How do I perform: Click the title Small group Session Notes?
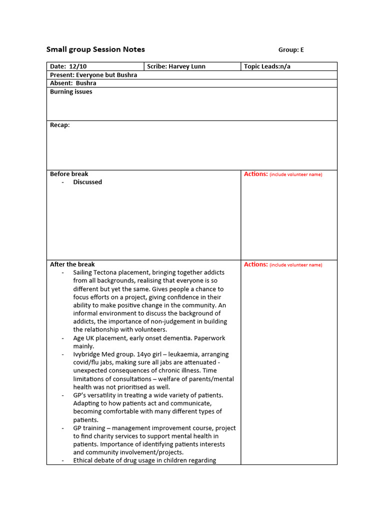pyautogui.click(x=95, y=49)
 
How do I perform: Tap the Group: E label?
pyautogui.click(x=291, y=49)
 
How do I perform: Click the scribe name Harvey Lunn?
pyautogui.click(x=186, y=66)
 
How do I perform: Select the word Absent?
pyautogui.click(x=60, y=83)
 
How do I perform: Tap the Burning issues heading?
pyautogui.click(x=71, y=92)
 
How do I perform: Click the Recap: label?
pyautogui.click(x=60, y=125)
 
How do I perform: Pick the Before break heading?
pyautogui.click(x=69, y=174)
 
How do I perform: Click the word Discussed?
pyautogui.click(x=87, y=182)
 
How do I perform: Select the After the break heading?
pyautogui.click(x=72, y=264)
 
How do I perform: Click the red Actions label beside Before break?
pyautogui.click(x=255, y=174)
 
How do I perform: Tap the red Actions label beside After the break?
pyautogui.click(x=255, y=264)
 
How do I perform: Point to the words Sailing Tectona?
pyautogui.click(x=96, y=272)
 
